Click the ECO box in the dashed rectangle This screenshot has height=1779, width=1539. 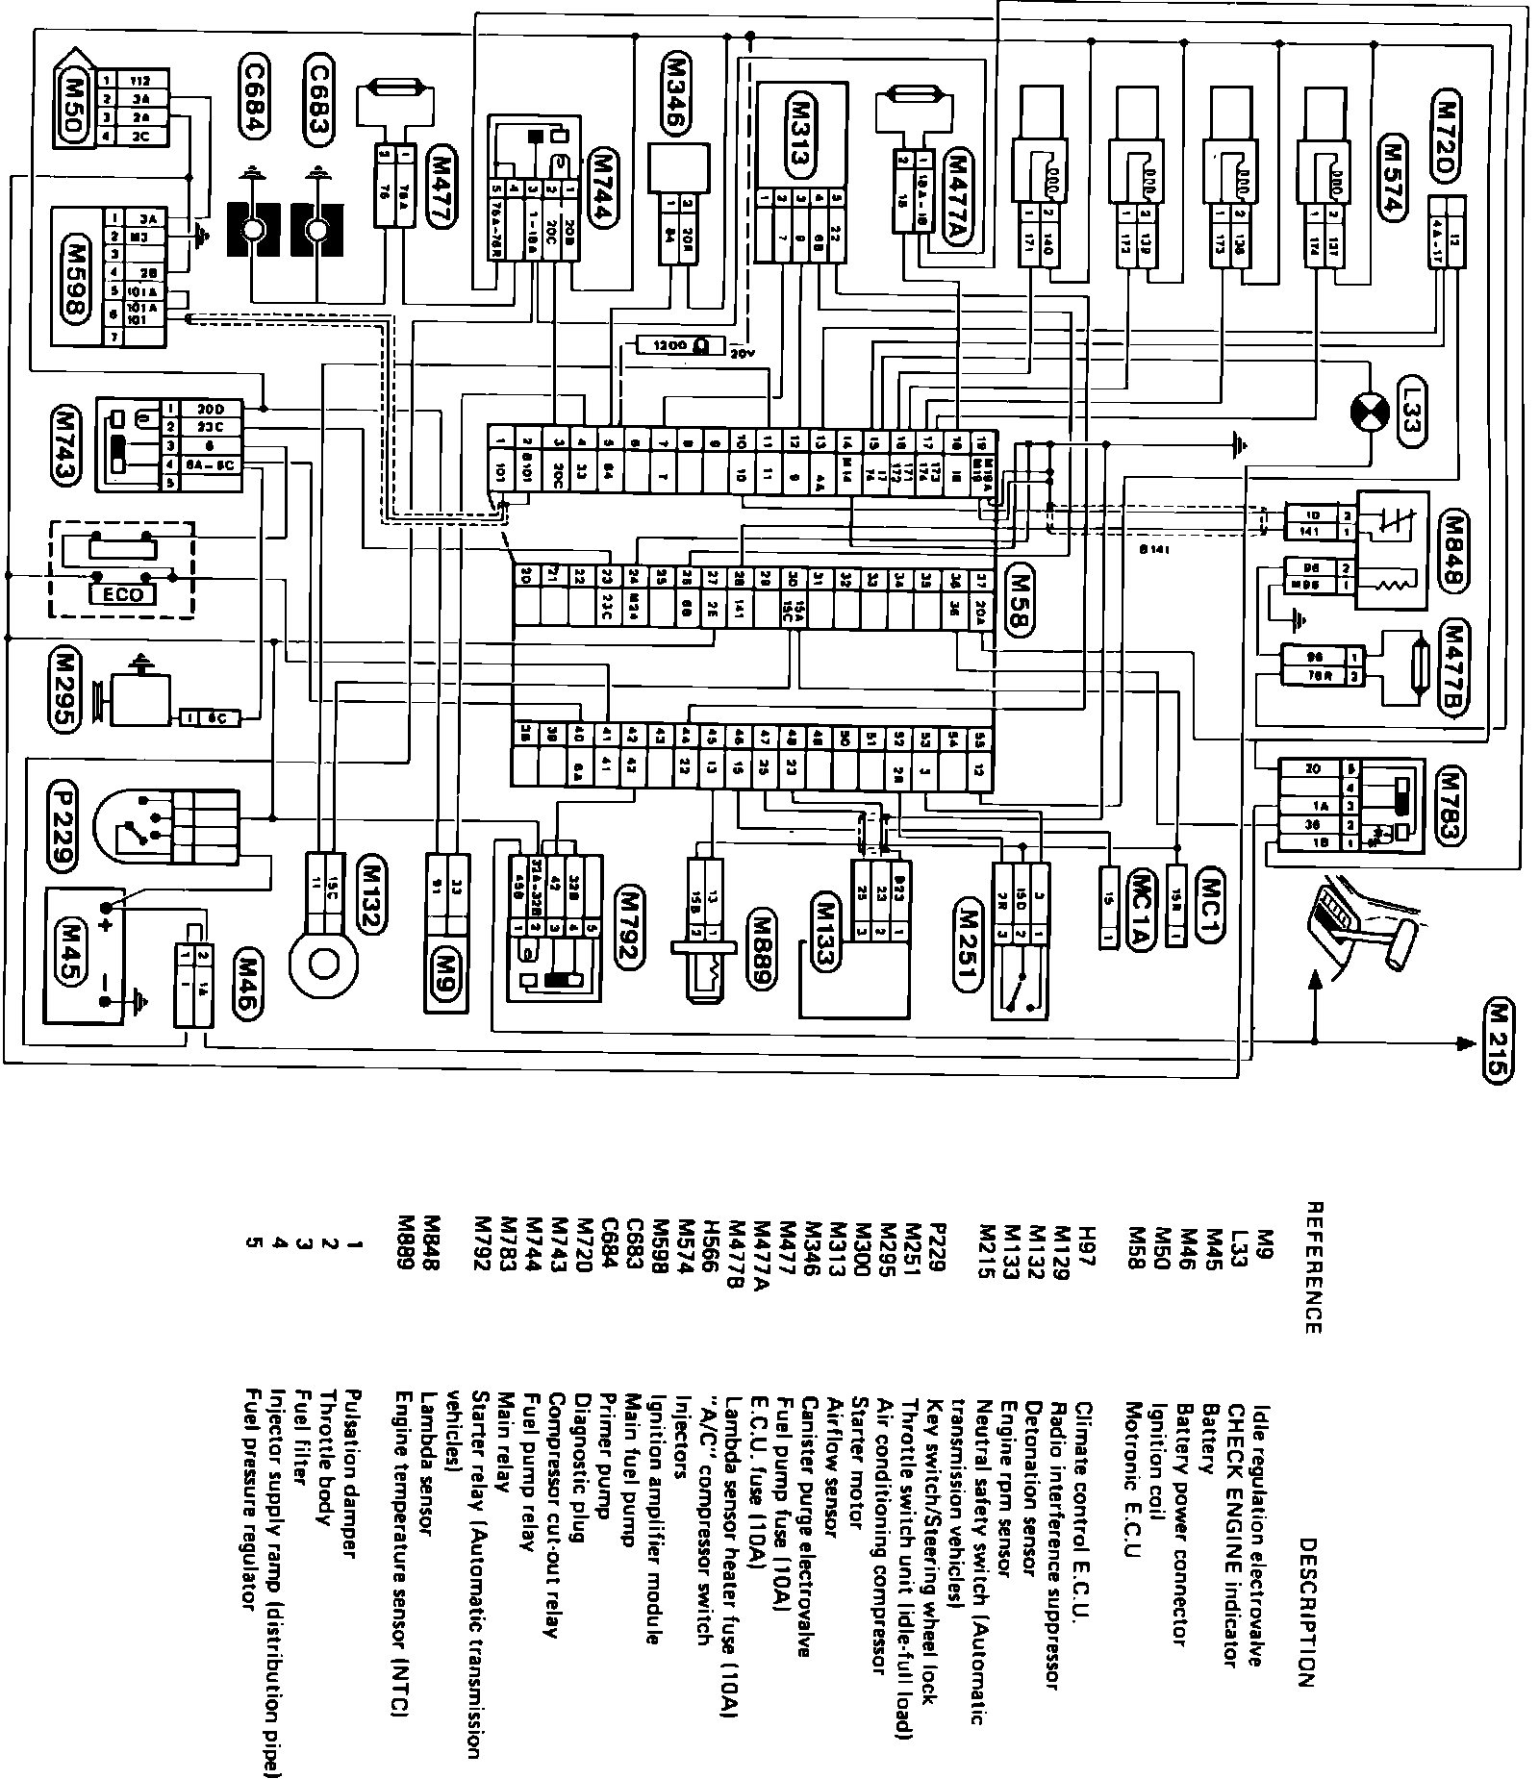pos(122,594)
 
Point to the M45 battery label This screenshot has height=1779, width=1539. pos(69,947)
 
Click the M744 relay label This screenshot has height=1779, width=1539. pos(605,187)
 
